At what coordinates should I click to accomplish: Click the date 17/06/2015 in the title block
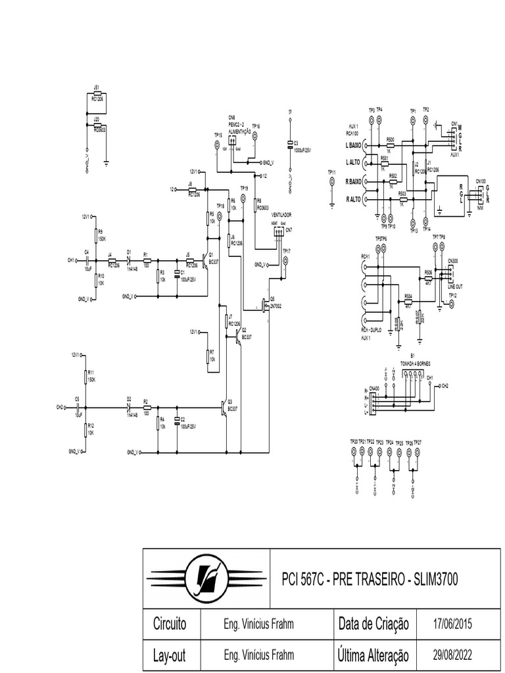pyautogui.click(x=453, y=623)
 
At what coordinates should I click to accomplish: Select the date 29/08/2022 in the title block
pyautogui.click(x=453, y=655)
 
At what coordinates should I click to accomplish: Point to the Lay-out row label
pyautogui.click(x=169, y=655)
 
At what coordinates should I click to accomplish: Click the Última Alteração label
pyautogui.click(x=373, y=655)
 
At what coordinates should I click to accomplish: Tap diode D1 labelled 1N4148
pyautogui.click(x=129, y=260)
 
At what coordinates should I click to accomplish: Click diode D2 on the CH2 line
pyautogui.click(x=129, y=407)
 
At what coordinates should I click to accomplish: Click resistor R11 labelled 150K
pyautogui.click(x=85, y=376)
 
